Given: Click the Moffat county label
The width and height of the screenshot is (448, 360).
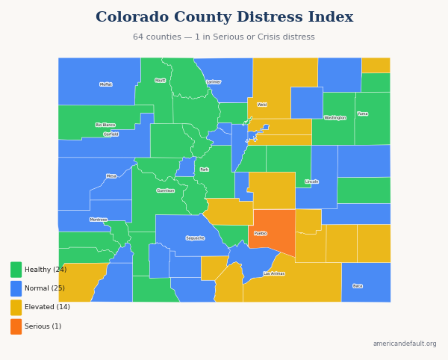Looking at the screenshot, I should tap(106, 84).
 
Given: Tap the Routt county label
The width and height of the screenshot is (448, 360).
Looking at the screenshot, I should tap(161, 81).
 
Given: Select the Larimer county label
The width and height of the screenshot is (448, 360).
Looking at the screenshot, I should tap(214, 82).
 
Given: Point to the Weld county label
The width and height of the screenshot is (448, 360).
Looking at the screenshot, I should tap(262, 105).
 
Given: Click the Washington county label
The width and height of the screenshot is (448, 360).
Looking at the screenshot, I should tap(335, 118).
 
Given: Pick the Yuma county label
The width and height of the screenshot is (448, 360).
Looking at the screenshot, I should tap(363, 114).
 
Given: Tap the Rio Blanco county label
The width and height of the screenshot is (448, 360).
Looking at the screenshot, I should tap(105, 125).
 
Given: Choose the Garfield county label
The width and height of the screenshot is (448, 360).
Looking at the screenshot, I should tap(111, 134).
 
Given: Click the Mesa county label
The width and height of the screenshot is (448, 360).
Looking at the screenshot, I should tap(111, 176).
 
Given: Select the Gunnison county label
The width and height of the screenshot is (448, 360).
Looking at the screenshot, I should tap(166, 190).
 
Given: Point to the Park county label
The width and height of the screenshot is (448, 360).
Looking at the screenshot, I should tap(204, 170).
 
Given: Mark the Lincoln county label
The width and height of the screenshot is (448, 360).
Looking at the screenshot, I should tap(311, 181).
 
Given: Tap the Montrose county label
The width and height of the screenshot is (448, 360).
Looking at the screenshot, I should tap(99, 220).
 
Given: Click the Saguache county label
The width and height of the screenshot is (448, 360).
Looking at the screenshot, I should tap(195, 238).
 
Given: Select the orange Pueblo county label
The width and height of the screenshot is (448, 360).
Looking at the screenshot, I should tap(261, 234).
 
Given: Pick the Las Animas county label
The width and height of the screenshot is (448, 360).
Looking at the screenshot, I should tap(274, 273).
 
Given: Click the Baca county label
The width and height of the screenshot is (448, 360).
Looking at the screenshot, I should tap(358, 286).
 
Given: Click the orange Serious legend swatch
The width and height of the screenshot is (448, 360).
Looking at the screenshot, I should tap(16, 326).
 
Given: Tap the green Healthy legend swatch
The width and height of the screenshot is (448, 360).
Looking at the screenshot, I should tap(16, 270).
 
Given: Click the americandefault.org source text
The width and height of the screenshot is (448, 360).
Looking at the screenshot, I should tap(405, 344).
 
